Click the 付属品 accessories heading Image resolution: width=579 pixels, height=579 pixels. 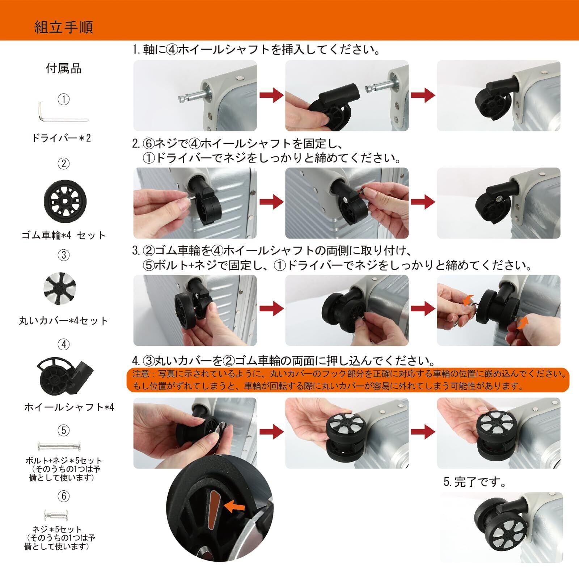coord(64,68)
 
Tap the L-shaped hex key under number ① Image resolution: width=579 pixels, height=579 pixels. coord(63,113)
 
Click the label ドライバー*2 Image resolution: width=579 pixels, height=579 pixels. coord(62,138)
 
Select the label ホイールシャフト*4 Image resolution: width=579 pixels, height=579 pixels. coord(69,407)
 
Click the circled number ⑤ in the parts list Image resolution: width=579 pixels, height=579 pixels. coord(64,430)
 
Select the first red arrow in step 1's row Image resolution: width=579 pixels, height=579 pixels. coord(271,96)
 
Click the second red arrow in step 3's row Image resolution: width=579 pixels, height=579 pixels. coord(423,309)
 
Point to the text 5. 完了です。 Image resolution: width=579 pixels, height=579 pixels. coord(475,482)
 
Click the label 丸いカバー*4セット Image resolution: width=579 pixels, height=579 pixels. coord(64,321)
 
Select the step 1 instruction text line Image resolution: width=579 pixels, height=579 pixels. coord(256,50)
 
